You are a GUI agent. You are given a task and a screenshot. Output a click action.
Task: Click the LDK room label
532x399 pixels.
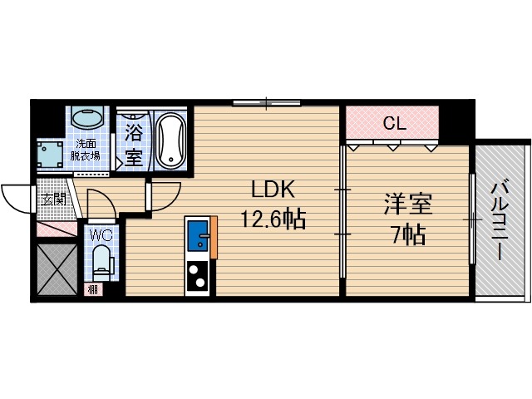(x=268, y=189)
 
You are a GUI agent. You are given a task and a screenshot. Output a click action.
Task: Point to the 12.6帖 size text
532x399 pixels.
(x=273, y=220)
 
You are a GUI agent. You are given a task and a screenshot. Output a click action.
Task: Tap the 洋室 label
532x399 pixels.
(x=406, y=203)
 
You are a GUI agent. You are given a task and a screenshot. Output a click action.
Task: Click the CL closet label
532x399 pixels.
(x=393, y=124)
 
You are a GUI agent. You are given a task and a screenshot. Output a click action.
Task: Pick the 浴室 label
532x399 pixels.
(x=133, y=142)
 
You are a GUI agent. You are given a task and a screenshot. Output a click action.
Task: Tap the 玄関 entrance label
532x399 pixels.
(x=52, y=199)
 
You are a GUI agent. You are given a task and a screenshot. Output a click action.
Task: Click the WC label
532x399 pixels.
(x=100, y=235)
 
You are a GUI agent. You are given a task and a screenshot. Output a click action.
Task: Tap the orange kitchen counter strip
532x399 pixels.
(x=214, y=236)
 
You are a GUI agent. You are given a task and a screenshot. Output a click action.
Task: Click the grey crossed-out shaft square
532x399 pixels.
(x=57, y=268)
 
